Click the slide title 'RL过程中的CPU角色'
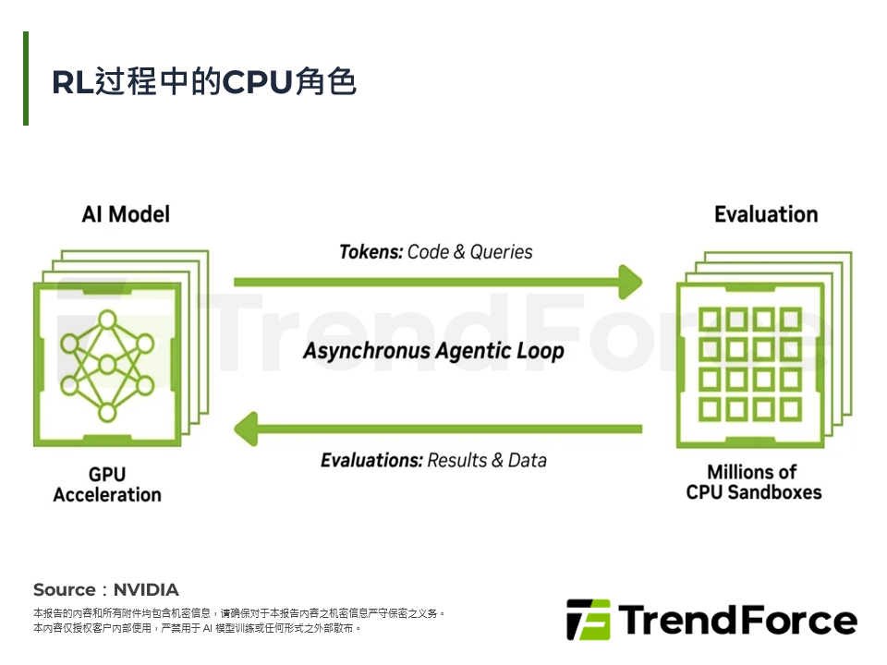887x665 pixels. tap(203, 82)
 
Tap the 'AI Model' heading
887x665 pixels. tap(126, 214)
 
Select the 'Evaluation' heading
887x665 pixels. tap(765, 214)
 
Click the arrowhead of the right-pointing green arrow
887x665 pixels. tap(631, 282)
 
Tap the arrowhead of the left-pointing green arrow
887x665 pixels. tap(246, 429)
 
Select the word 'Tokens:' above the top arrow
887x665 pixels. tap(371, 252)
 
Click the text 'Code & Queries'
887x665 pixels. tap(470, 252)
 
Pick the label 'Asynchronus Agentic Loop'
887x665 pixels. tap(433, 352)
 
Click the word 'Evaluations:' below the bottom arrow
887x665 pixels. tap(371, 460)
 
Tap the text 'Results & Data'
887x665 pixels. tap(487, 460)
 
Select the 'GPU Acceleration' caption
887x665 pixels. tap(107, 485)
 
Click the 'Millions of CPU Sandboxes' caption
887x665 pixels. tap(753, 482)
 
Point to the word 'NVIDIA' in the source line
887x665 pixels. tap(146, 590)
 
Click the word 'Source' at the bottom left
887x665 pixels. tap(64, 590)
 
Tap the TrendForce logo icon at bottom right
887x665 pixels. tap(588, 620)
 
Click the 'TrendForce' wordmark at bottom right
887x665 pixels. tap(736, 620)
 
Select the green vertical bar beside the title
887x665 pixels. tap(26, 79)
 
